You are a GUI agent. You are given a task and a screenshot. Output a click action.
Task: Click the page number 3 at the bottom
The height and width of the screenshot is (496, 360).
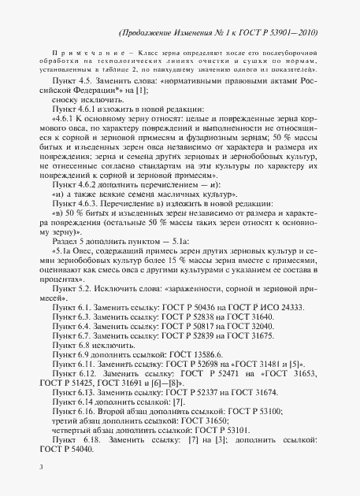click(40, 467)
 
